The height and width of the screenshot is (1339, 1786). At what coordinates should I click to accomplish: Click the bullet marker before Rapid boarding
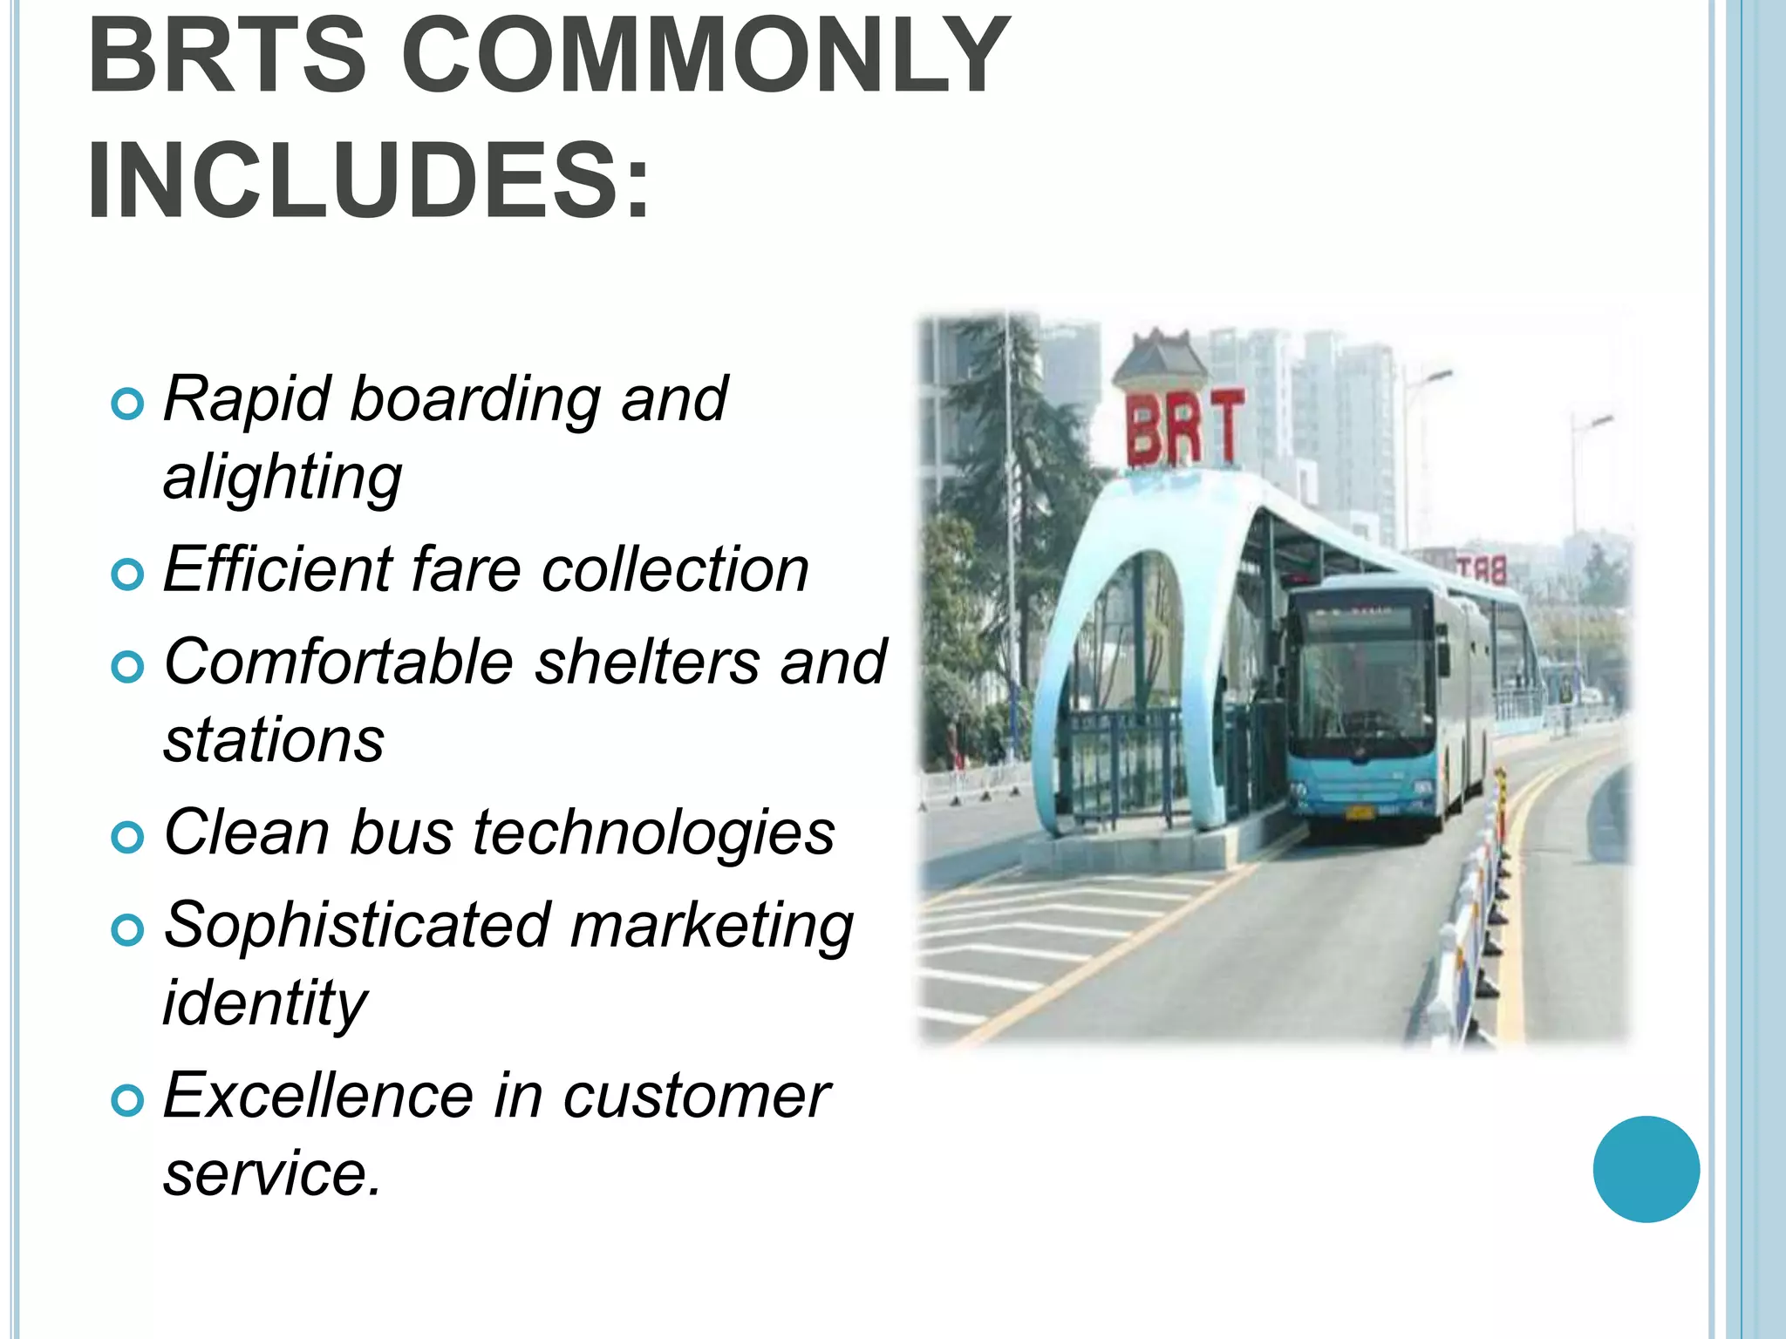pos(127,404)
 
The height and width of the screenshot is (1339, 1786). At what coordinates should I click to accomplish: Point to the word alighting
pos(283,478)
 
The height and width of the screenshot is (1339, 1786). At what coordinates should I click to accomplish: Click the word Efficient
pos(277,570)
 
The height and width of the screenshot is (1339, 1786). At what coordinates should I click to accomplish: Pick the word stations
pos(274,740)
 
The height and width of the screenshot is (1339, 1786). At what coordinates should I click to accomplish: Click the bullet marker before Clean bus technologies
pos(127,837)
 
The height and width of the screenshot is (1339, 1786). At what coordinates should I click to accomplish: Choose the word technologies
pos(654,833)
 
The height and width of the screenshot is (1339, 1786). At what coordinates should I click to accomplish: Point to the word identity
pos(265,1003)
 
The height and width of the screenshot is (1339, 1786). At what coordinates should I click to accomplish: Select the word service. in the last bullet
pos(272,1173)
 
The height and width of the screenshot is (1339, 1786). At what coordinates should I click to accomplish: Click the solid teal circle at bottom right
pos(1646,1169)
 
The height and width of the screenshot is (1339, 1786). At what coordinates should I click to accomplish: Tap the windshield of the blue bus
pos(1361,689)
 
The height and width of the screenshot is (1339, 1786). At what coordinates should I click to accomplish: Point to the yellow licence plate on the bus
pos(1360,813)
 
